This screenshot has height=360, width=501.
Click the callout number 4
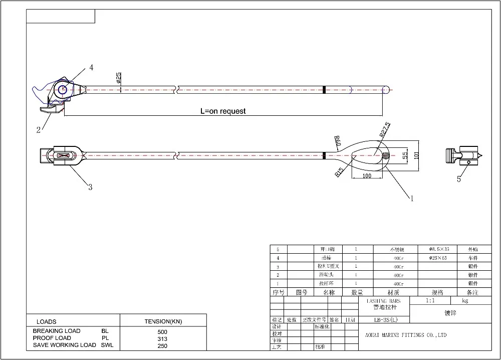pyautogui.click(x=91, y=67)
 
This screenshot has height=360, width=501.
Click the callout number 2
pyautogui.click(x=39, y=130)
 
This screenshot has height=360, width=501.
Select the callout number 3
pyautogui.click(x=90, y=188)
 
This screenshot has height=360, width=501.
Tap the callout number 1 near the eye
pyautogui.click(x=412, y=199)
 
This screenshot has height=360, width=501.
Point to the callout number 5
pyautogui.click(x=459, y=179)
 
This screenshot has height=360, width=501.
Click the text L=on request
pyautogui.click(x=223, y=111)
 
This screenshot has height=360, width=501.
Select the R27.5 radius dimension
pyautogui.click(x=384, y=130)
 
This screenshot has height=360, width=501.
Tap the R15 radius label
pyautogui.click(x=339, y=172)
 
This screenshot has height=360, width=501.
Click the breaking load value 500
pyautogui.click(x=163, y=332)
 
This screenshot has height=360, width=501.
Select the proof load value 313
pyautogui.click(x=163, y=338)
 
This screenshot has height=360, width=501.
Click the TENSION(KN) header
pyautogui.click(x=163, y=321)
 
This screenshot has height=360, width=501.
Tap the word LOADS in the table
pyautogui.click(x=47, y=321)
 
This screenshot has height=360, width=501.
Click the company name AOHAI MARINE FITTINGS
pyautogui.click(x=404, y=335)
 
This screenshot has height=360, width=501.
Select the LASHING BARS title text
pyautogui.click(x=383, y=301)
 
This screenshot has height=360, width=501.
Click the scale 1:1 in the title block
pyautogui.click(x=429, y=301)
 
